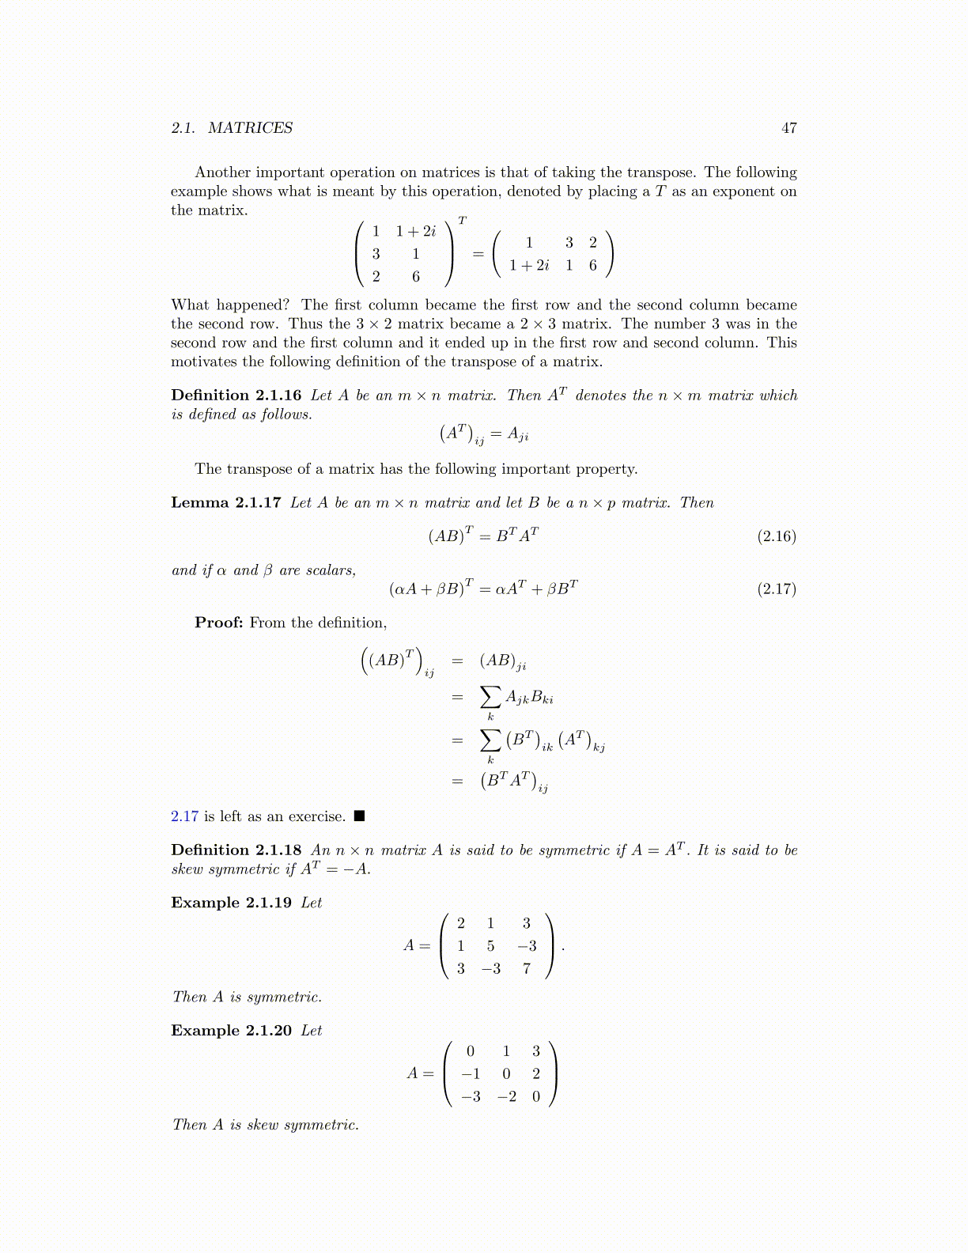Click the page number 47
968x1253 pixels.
point(788,128)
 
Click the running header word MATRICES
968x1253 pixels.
point(250,128)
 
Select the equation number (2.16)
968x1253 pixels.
point(777,536)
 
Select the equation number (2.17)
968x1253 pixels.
point(777,589)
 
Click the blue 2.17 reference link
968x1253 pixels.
point(184,816)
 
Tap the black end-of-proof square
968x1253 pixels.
point(359,816)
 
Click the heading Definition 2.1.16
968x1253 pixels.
point(236,396)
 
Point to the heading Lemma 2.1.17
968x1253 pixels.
point(225,503)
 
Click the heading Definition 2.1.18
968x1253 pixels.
point(236,850)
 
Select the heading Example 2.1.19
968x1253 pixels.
point(231,903)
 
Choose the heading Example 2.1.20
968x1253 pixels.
point(231,1031)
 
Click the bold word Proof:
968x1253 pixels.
point(219,623)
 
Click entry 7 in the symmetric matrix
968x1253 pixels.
point(527,968)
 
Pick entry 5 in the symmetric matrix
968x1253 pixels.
point(490,946)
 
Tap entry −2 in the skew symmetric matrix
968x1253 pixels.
point(506,1096)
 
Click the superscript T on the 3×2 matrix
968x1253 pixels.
point(463,221)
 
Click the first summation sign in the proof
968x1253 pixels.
point(490,697)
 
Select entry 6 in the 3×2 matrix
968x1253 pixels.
point(416,277)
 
